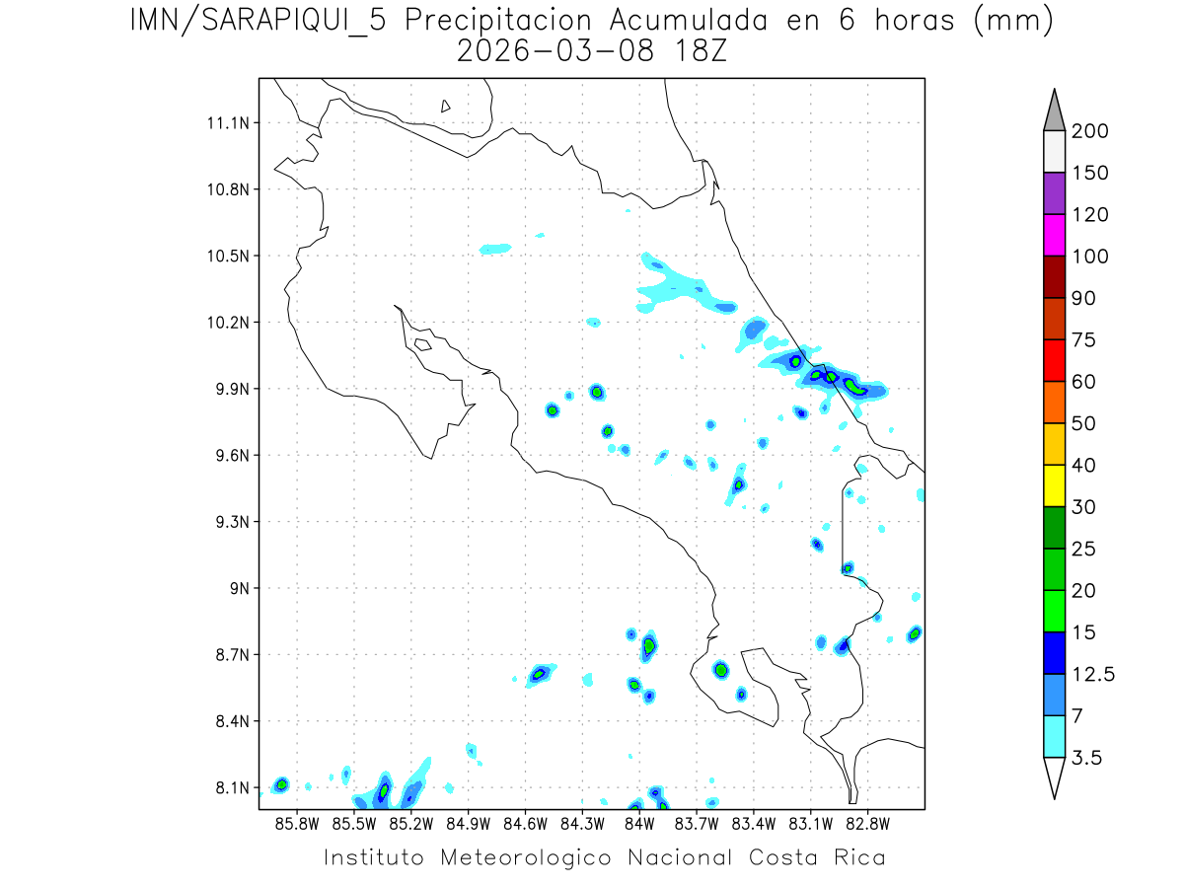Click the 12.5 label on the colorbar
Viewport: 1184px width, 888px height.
pos(1093,674)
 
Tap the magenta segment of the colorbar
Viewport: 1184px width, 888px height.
pos(1054,235)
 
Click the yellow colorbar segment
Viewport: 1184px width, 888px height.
pos(1054,484)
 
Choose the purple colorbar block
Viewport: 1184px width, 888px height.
pos(1054,193)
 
